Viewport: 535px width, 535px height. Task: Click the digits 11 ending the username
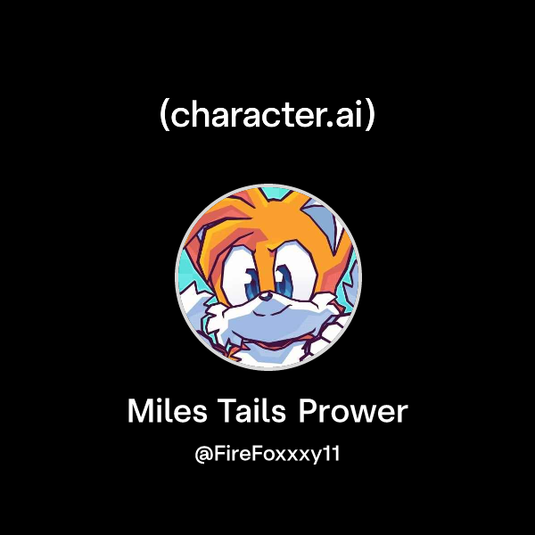tap(333, 454)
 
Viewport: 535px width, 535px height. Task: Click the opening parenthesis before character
tap(163, 116)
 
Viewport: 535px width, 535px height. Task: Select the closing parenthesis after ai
tap(371, 116)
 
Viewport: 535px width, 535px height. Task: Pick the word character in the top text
tap(245, 116)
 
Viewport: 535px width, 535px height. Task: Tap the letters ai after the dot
tap(350, 116)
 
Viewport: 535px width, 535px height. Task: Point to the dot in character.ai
tap(332, 125)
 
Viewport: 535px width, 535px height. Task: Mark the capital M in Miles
tap(139, 412)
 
